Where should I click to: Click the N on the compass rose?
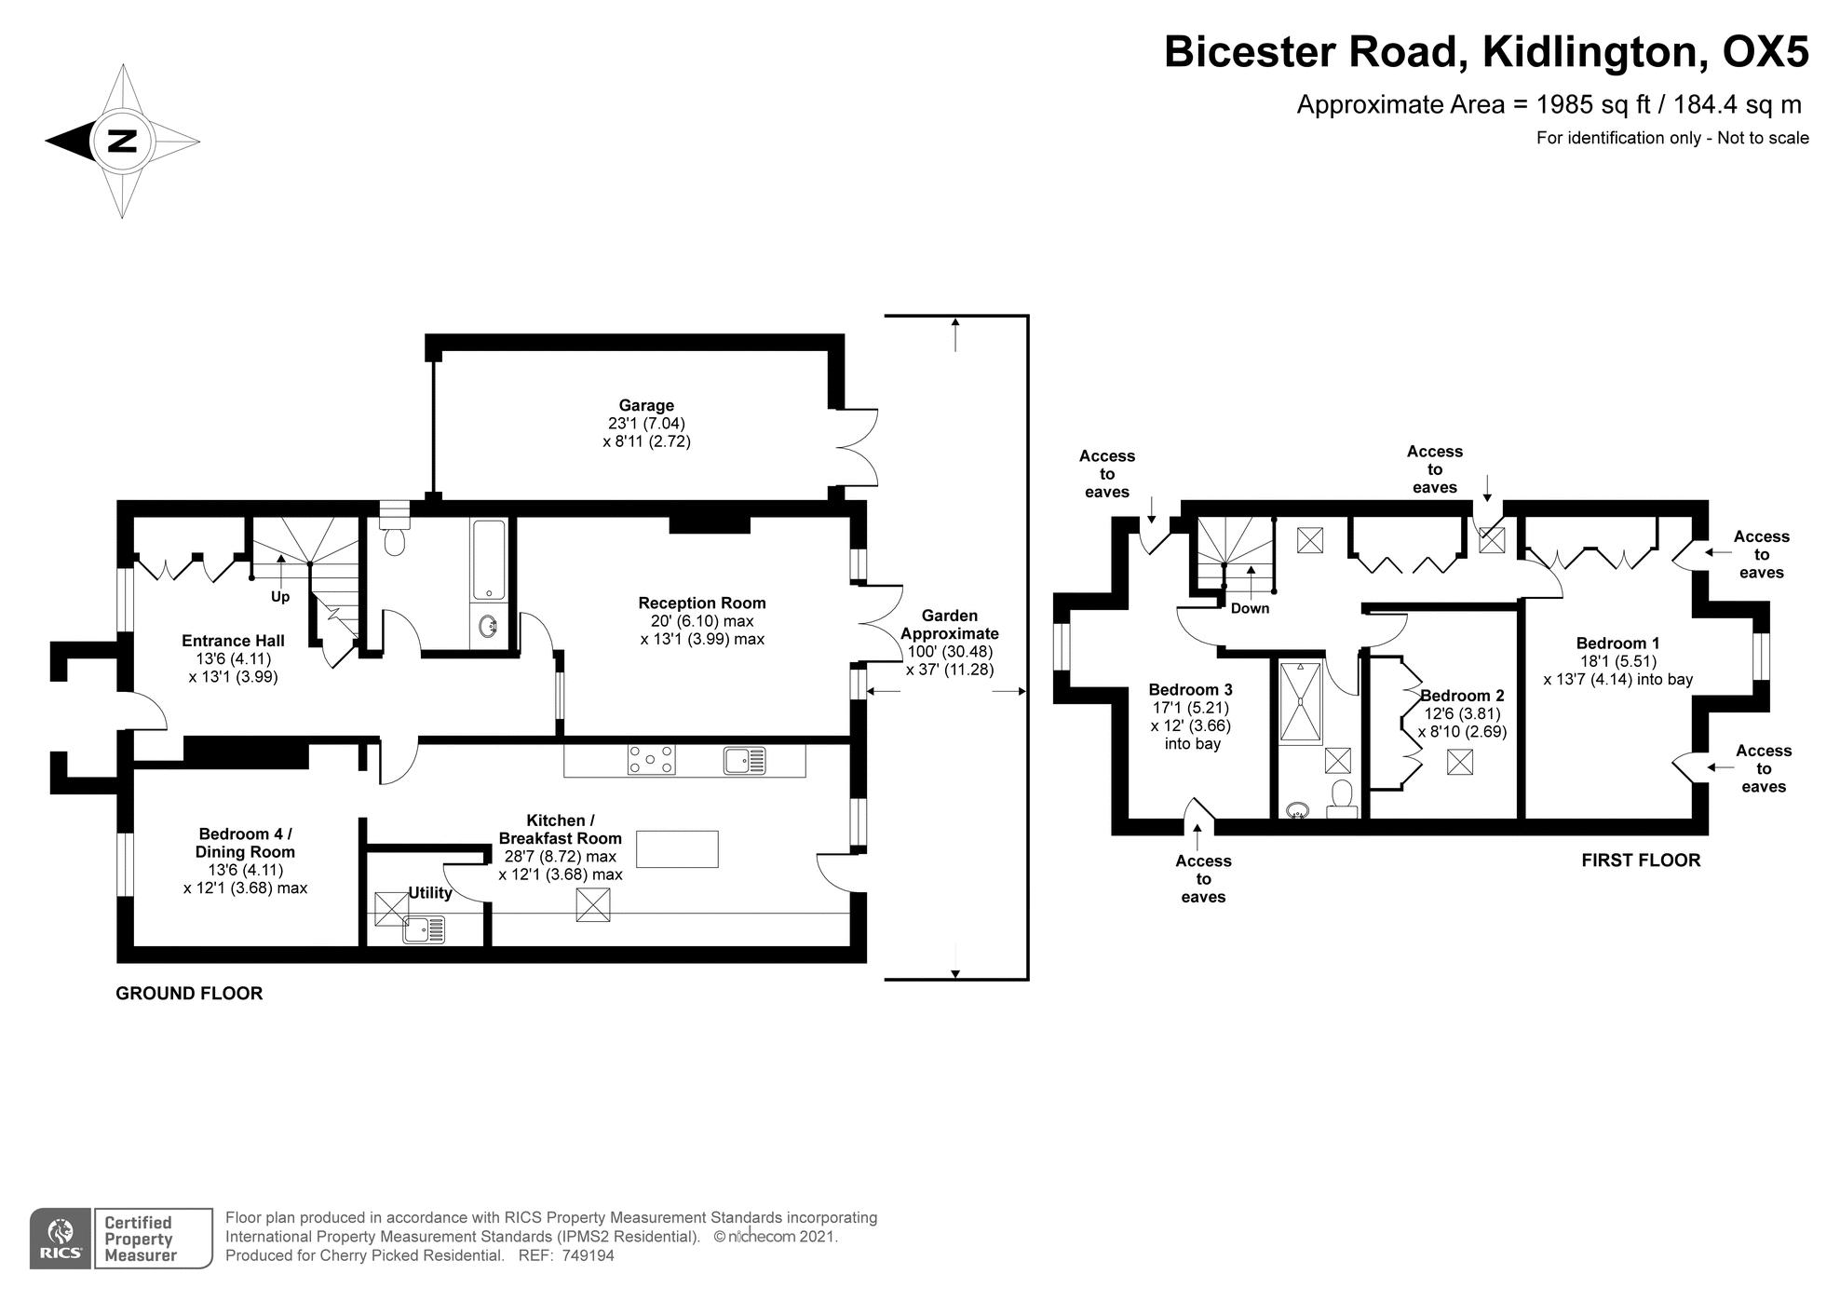coord(122,142)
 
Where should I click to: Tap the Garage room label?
coord(646,406)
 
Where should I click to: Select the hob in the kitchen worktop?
coord(651,760)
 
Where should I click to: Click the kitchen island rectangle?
coord(677,849)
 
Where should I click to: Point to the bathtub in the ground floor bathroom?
coord(489,559)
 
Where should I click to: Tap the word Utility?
coord(430,893)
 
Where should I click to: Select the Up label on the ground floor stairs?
coord(280,597)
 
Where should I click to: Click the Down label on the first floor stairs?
coord(1250,608)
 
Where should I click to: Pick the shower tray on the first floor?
coord(1300,703)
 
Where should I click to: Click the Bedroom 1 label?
coord(1617,644)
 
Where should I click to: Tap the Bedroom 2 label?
coord(1462,696)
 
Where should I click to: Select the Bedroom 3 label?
coord(1190,690)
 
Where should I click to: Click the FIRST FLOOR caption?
coord(1640,861)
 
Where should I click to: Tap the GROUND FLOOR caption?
coord(189,994)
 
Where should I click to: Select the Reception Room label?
coord(702,603)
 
